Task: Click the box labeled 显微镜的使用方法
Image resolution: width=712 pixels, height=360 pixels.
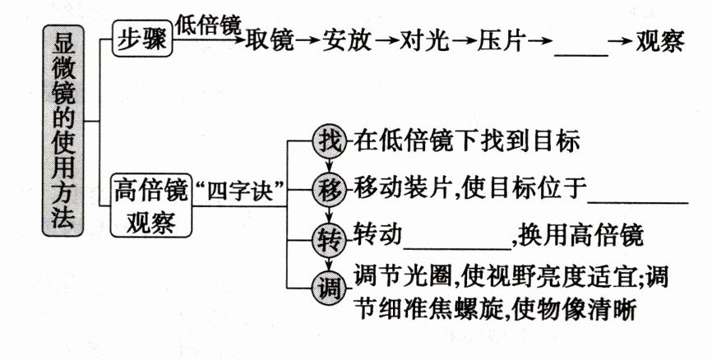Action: [62, 127]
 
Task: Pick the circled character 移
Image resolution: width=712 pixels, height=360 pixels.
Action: [329, 191]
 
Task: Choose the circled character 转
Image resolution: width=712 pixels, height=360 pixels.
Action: [329, 239]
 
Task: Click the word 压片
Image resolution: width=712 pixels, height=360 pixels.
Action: [503, 41]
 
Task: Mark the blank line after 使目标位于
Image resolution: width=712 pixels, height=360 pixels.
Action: [639, 198]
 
